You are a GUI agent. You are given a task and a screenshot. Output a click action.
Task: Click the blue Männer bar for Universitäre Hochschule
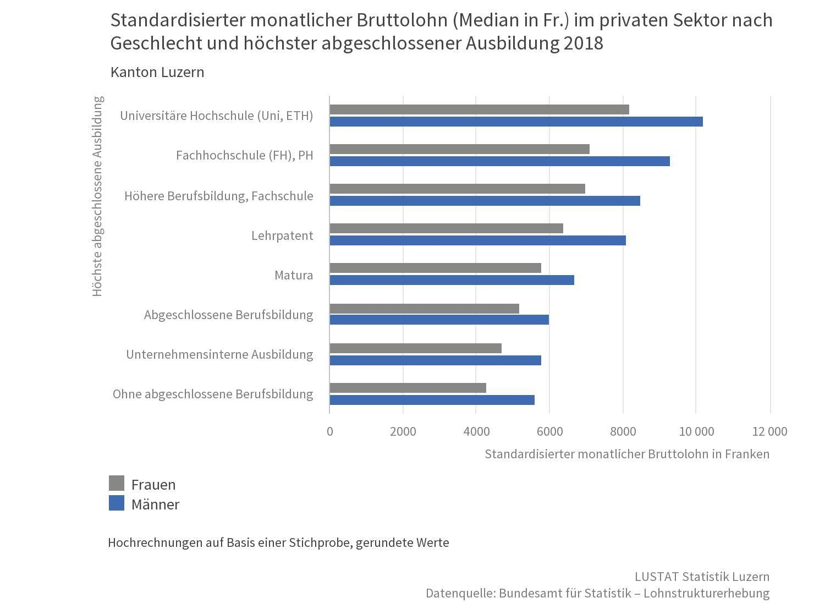point(516,122)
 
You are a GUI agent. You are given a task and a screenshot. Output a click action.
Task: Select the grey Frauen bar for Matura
point(435,268)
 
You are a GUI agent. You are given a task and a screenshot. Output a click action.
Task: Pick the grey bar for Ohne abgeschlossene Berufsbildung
point(408,388)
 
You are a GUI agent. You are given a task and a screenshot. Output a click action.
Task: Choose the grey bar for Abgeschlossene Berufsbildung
point(424,309)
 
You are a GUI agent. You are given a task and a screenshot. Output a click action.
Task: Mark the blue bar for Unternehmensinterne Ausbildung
point(435,360)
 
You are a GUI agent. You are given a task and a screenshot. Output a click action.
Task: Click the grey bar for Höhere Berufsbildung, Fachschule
point(457,189)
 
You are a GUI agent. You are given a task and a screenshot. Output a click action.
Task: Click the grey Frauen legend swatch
point(117,484)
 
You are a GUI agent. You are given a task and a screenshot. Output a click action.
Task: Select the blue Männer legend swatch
point(117,503)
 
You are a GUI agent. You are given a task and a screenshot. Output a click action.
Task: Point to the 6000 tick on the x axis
point(549,431)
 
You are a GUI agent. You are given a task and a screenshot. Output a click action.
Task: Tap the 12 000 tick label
point(769,431)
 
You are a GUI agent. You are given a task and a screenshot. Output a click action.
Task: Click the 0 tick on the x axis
point(329,431)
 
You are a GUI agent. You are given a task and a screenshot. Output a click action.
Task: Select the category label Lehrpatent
point(282,235)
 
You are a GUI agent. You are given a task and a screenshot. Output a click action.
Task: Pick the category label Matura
point(294,275)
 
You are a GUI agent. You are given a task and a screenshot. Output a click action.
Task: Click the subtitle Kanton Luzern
point(157,72)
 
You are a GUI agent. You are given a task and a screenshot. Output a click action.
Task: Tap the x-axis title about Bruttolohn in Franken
point(627,454)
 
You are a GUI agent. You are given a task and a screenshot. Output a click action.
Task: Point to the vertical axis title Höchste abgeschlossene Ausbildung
point(97,196)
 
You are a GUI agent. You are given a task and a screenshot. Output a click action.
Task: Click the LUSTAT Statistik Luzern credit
point(702,577)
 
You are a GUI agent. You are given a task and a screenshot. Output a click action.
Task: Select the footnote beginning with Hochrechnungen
point(278,542)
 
